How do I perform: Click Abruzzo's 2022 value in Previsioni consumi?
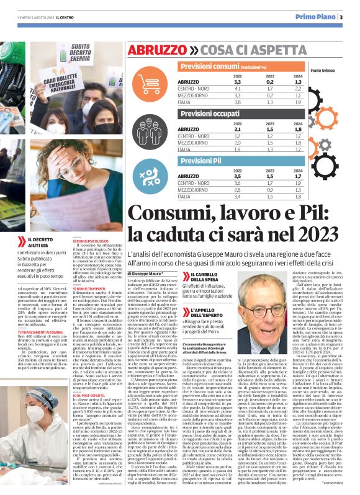(236, 82)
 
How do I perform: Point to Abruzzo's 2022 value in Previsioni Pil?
(236, 176)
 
